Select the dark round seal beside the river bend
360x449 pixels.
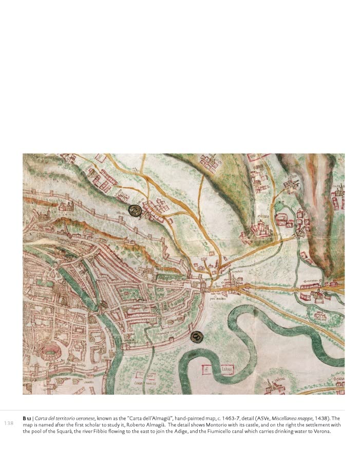click(x=196, y=336)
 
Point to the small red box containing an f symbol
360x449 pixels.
click(x=205, y=369)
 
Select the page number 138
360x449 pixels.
click(x=9, y=423)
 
